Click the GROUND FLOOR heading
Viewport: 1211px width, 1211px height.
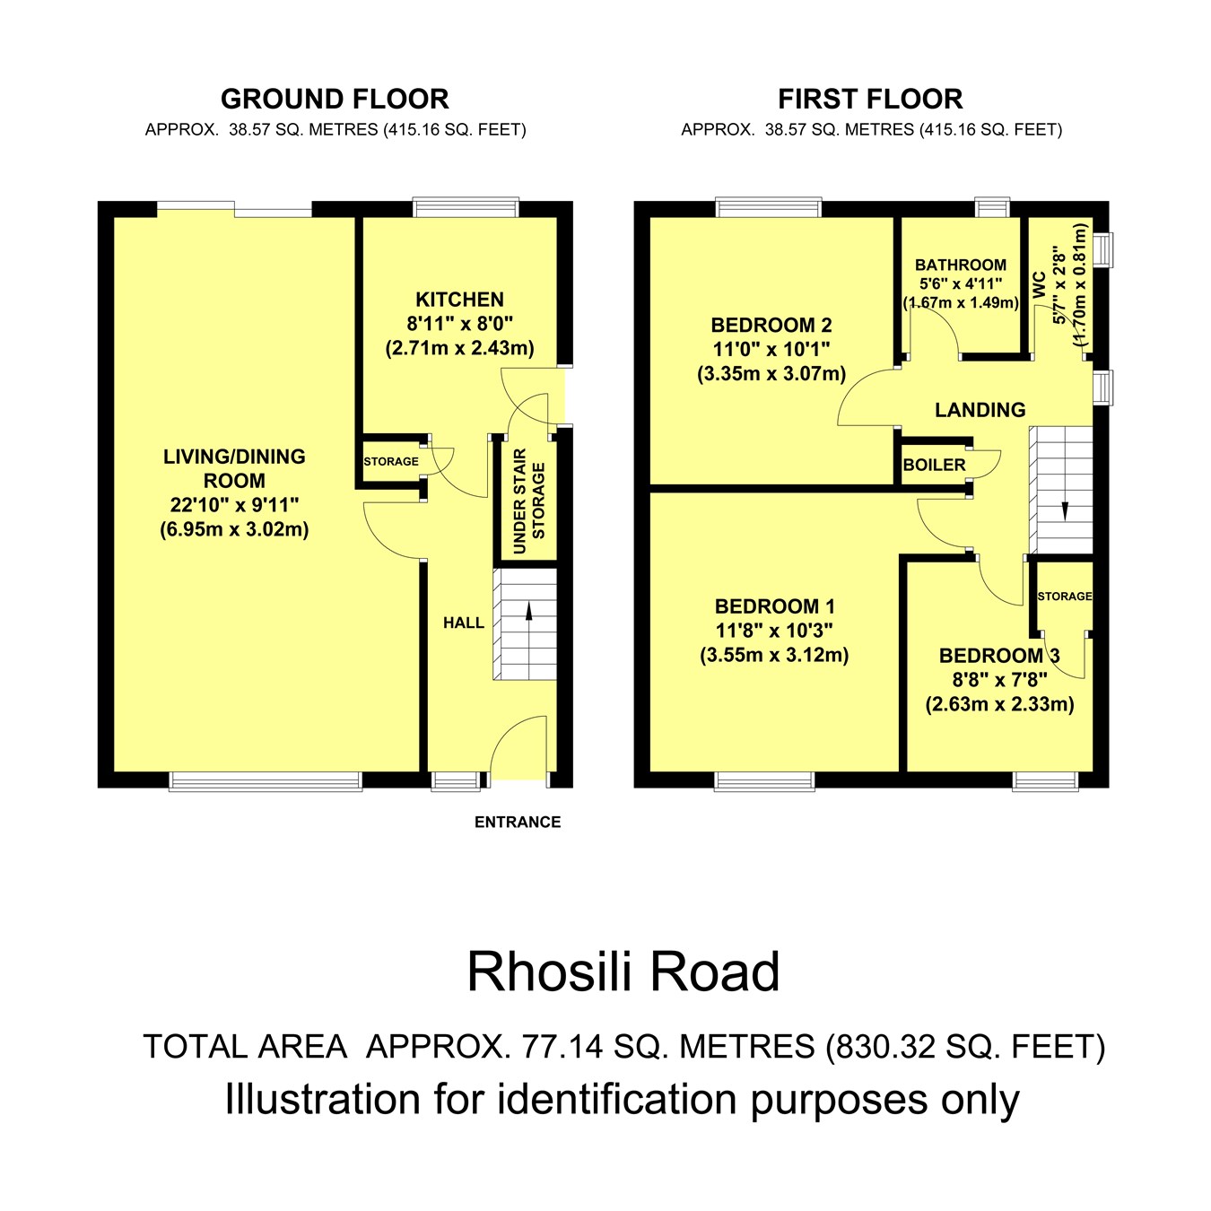click(335, 99)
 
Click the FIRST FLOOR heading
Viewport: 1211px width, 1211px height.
click(870, 99)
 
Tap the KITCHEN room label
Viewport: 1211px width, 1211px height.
click(459, 300)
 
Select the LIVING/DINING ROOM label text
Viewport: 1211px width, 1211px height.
click(234, 468)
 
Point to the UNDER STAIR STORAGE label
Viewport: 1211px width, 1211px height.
click(528, 501)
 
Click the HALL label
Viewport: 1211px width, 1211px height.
click(463, 623)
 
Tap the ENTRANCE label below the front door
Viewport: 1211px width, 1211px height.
click(518, 822)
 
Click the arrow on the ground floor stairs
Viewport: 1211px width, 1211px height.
click(528, 612)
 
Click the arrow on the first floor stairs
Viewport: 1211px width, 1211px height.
click(1065, 509)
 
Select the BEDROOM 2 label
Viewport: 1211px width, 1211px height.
click(771, 325)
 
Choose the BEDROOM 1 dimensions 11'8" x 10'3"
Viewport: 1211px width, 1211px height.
click(774, 631)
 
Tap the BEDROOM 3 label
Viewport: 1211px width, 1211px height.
click(999, 656)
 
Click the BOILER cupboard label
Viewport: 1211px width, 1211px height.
click(934, 465)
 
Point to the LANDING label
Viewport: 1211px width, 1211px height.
click(980, 410)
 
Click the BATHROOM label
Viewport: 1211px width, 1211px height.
click(960, 265)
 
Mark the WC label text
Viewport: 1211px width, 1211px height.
click(1040, 285)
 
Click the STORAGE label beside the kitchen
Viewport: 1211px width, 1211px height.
click(391, 461)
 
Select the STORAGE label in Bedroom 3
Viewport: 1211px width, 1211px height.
click(1064, 596)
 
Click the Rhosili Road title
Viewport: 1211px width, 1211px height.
click(623, 971)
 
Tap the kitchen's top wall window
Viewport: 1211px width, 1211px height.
click(466, 208)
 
